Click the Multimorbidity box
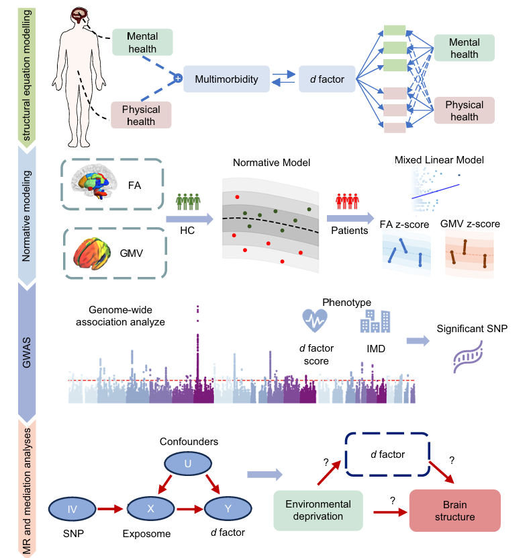click(226, 79)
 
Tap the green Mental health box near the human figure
click(142, 42)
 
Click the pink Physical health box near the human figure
click(141, 115)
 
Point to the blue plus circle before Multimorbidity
click(178, 79)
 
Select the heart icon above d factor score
click(315, 321)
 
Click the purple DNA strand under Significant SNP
click(466, 361)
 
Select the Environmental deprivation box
click(318, 510)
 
